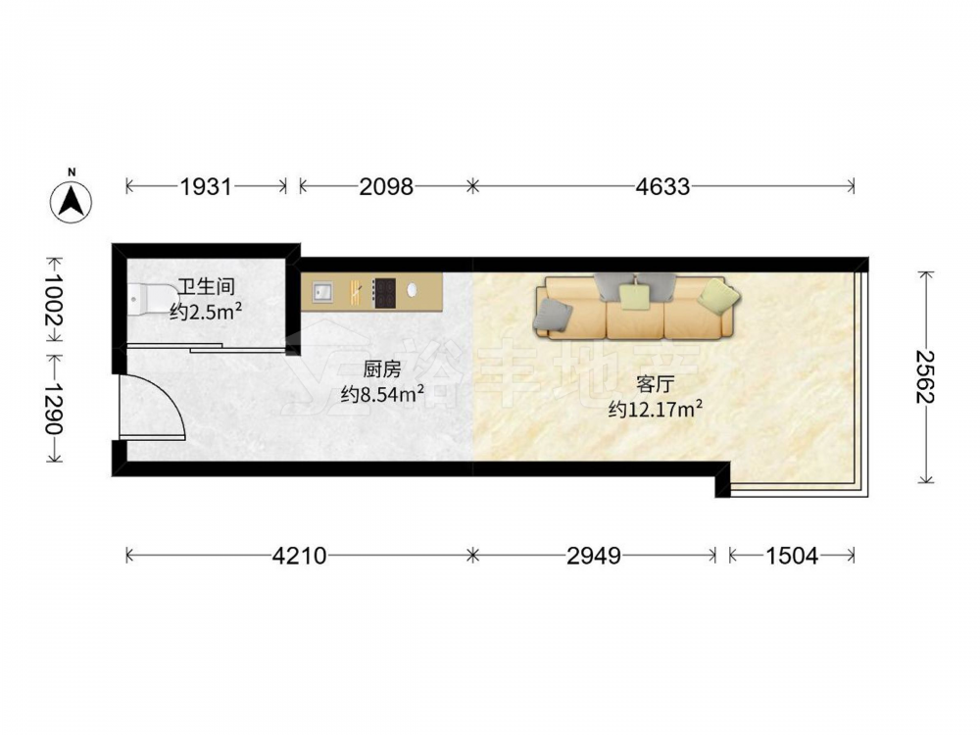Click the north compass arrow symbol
(72, 201)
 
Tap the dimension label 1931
(206, 186)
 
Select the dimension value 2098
(385, 186)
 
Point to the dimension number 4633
(662, 186)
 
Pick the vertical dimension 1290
(54, 408)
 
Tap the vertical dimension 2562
(925, 377)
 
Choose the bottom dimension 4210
(299, 555)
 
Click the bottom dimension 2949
(594, 555)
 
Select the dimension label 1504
(791, 555)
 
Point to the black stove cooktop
(384, 292)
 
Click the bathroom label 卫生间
(206, 287)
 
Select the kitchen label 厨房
(382, 370)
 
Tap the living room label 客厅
(655, 384)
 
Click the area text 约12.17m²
(655, 410)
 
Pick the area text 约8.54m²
(382, 394)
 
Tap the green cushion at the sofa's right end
(718, 296)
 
